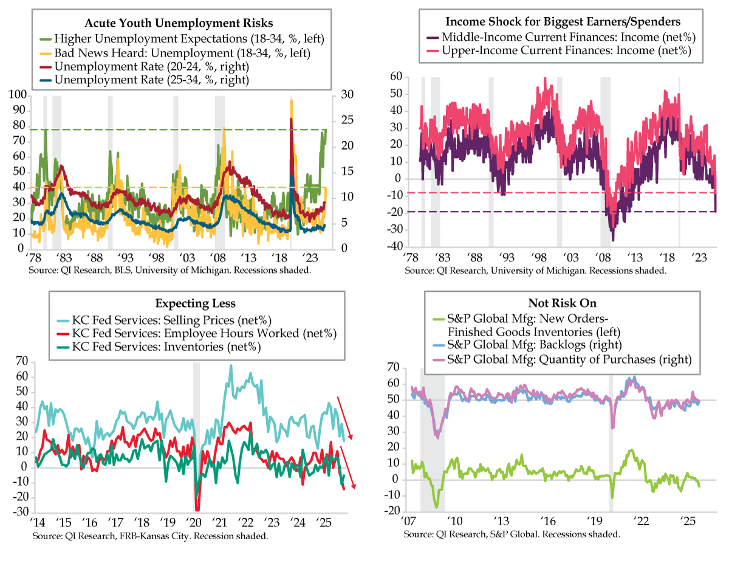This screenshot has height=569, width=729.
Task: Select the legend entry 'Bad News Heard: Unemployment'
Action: click(x=180, y=53)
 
